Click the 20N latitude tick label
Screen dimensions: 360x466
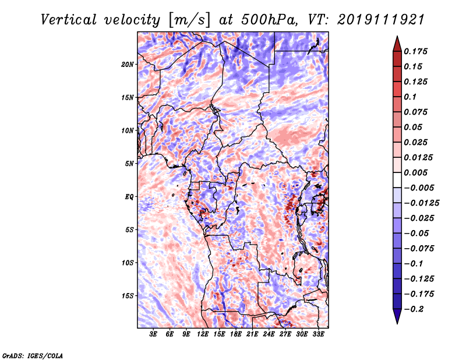[128, 64]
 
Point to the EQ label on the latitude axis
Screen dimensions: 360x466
[129, 197]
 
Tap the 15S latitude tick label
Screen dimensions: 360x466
[128, 296]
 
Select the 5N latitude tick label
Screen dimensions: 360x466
[129, 164]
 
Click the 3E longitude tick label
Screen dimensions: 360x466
[154, 334]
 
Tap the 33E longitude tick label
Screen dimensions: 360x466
[319, 334]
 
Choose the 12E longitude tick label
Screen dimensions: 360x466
[203, 334]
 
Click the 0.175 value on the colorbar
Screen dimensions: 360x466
[417, 51]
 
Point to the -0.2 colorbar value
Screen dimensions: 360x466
[416, 309]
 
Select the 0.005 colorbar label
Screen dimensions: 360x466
[417, 172]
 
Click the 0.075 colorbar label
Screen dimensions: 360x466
[417, 112]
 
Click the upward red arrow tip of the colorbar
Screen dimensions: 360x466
[397, 38]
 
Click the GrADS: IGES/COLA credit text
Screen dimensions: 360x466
[32, 355]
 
